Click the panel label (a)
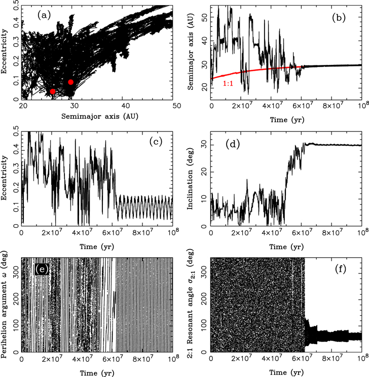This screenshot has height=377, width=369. [44, 15]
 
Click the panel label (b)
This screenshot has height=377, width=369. [339, 18]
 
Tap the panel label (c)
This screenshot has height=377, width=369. [156, 142]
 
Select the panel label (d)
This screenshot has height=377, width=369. [233, 144]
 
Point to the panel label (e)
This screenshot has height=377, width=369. [42, 269]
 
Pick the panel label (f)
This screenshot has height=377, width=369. [341, 269]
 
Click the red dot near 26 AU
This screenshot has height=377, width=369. [53, 91]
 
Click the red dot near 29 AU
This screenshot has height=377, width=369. [70, 82]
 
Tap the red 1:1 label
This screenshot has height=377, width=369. [228, 83]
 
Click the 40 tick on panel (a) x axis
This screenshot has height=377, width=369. [125, 106]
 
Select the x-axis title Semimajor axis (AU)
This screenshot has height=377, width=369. [100, 116]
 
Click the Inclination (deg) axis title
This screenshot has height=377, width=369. [190, 179]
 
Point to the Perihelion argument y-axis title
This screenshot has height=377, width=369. [4, 304]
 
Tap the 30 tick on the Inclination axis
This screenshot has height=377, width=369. [204, 145]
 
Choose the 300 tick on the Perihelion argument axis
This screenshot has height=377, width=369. [15, 273]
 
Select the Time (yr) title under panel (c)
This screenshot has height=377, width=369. [97, 247]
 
